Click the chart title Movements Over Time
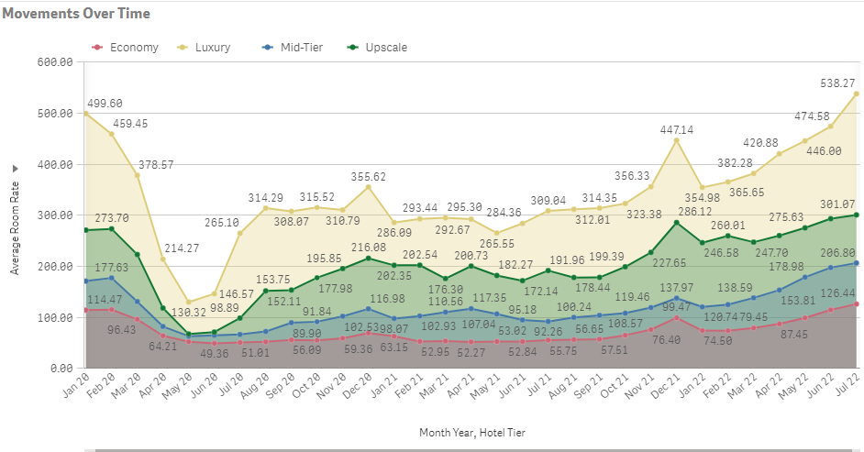pos(76,14)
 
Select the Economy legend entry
pos(134,48)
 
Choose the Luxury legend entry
pos(212,48)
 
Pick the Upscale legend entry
pos(385,48)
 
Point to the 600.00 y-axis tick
pos(54,62)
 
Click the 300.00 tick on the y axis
pos(54,215)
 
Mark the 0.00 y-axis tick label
pos(60,369)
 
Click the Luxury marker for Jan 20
pos(85,114)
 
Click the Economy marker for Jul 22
pos(857,304)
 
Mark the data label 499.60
pos(104,104)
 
